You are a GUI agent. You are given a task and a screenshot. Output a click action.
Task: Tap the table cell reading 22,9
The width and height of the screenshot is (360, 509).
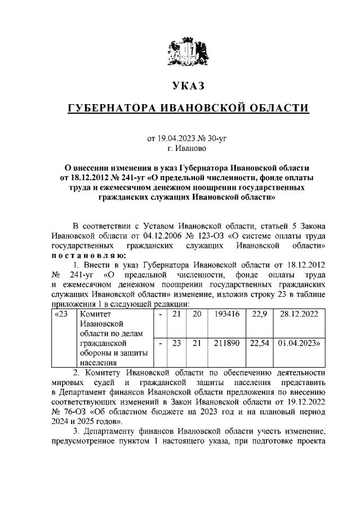pyautogui.click(x=259, y=314)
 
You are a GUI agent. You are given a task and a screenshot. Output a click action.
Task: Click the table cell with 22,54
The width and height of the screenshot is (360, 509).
pyautogui.click(x=259, y=343)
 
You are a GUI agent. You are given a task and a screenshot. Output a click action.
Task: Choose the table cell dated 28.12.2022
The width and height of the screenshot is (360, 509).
pyautogui.click(x=298, y=314)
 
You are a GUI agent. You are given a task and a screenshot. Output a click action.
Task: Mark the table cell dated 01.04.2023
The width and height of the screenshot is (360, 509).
pyautogui.click(x=299, y=343)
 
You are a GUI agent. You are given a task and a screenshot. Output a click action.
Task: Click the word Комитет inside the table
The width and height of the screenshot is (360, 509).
pyautogui.click(x=96, y=314)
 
